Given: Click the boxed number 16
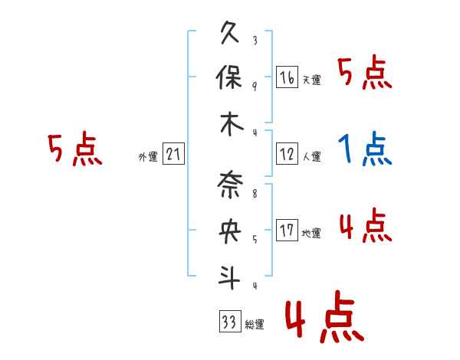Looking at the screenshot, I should click(287, 77).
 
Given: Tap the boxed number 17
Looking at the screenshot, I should click(287, 231).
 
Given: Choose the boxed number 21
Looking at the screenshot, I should click(173, 155).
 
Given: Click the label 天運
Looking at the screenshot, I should click(311, 80).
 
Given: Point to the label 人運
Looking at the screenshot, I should click(311, 157).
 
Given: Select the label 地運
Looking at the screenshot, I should click(311, 233).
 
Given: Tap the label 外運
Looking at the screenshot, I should click(147, 158).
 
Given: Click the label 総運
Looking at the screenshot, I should click(255, 325).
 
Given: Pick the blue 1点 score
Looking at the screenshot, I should click(365, 148).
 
